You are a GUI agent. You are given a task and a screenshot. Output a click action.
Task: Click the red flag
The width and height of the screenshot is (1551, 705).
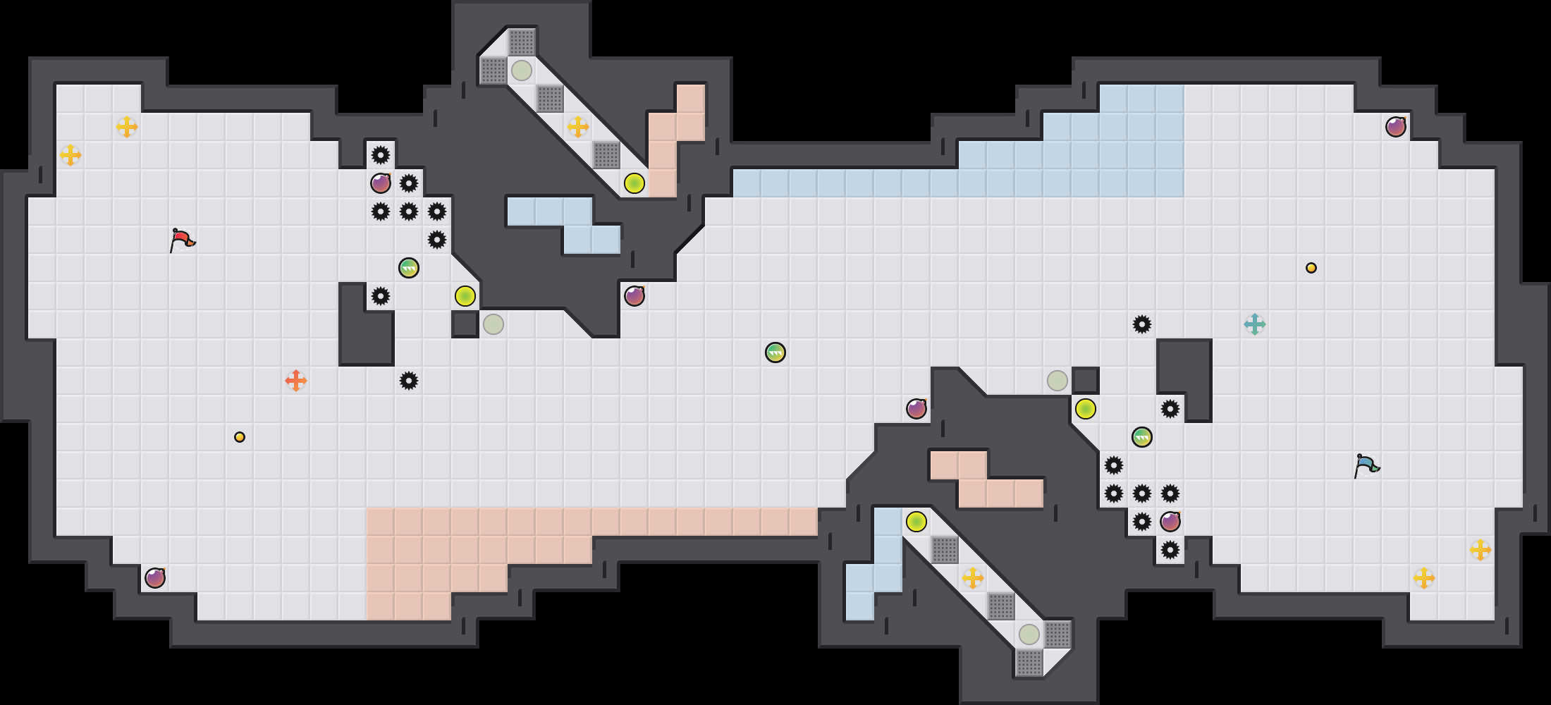click(x=181, y=240)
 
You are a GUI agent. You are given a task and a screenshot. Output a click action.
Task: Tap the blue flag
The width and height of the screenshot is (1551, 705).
click(x=1366, y=465)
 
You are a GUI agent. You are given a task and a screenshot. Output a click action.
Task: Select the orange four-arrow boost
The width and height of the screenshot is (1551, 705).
click(x=296, y=381)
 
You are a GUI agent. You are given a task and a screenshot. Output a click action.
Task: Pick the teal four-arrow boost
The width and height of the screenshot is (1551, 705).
click(x=1255, y=324)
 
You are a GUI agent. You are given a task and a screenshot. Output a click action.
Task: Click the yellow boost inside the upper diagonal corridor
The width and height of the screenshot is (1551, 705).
click(x=578, y=127)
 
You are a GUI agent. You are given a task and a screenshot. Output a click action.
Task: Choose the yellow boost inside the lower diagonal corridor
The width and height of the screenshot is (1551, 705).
click(x=973, y=578)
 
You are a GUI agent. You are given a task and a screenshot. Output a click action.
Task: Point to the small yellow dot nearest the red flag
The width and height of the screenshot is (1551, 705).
click(x=240, y=437)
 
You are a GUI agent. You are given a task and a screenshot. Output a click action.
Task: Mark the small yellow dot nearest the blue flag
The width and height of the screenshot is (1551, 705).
click(x=1311, y=268)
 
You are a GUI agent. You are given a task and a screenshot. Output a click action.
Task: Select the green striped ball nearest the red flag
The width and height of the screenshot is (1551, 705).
click(x=409, y=268)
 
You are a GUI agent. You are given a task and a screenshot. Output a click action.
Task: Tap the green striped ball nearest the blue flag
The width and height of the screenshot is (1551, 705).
click(x=1142, y=437)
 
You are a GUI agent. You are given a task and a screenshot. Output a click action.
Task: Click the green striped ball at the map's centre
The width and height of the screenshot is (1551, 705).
click(x=775, y=352)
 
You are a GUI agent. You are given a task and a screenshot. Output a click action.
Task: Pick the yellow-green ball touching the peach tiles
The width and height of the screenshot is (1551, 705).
click(x=634, y=183)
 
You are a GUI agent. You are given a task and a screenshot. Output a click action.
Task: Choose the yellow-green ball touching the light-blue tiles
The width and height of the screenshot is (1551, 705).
click(x=916, y=522)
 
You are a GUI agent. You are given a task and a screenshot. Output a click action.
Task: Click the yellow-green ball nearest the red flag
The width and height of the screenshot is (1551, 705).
click(x=465, y=296)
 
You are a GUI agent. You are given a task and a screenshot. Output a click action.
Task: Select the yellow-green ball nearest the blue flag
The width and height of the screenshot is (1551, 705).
click(x=1086, y=409)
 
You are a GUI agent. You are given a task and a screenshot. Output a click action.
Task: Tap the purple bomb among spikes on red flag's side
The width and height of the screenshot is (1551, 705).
click(x=381, y=183)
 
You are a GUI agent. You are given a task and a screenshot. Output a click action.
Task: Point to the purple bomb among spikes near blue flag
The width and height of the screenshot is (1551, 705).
click(x=1170, y=522)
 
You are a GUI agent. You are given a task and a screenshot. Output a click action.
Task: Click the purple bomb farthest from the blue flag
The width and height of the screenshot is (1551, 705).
click(x=155, y=578)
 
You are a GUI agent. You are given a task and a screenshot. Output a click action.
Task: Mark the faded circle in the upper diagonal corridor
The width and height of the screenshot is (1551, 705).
click(x=522, y=70)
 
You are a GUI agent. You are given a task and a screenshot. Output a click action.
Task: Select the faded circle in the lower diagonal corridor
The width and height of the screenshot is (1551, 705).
click(x=1029, y=634)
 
